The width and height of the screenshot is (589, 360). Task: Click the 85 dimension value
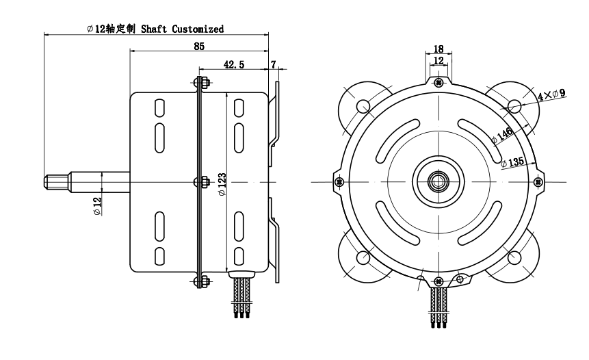(x=199, y=47)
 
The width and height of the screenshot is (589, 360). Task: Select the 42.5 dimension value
(x=234, y=64)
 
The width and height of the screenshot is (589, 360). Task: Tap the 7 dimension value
(x=274, y=64)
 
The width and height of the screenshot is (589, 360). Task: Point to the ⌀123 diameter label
(x=222, y=184)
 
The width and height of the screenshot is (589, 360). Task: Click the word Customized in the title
(x=198, y=29)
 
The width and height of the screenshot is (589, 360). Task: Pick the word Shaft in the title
(x=154, y=29)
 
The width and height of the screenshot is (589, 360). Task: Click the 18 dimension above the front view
(x=439, y=49)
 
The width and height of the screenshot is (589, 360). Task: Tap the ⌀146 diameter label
(x=502, y=136)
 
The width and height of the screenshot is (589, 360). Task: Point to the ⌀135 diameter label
(x=512, y=162)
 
